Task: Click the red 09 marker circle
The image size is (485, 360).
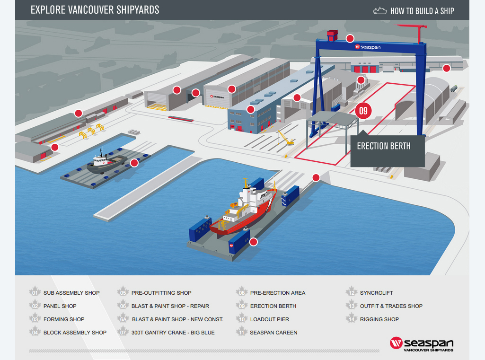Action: [363, 111]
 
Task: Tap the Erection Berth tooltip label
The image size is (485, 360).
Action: [384, 146]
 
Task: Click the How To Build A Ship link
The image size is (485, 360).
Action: [415, 10]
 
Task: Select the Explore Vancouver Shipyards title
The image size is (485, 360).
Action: [95, 10]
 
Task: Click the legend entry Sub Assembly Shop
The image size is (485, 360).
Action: [71, 293]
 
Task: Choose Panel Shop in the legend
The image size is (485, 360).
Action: [60, 306]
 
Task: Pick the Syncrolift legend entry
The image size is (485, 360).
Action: [376, 293]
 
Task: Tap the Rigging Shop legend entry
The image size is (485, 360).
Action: [379, 319]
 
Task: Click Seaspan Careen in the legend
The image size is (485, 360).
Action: [273, 333]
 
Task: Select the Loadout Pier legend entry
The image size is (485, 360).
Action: [269, 319]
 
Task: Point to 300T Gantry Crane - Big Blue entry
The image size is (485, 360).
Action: [173, 333]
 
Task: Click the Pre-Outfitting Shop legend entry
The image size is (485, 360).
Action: [161, 293]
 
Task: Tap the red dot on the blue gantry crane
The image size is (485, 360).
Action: [350, 38]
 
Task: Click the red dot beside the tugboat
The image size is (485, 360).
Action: [134, 163]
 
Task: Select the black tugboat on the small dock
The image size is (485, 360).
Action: [105, 162]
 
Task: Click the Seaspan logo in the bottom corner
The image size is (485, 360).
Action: [421, 344]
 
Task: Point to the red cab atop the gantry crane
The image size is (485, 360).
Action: [333, 35]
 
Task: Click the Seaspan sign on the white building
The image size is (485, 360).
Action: [218, 97]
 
